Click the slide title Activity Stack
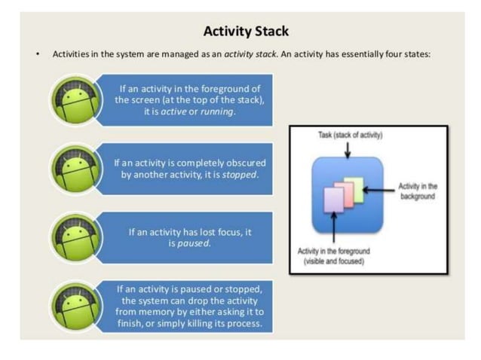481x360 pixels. [246, 32]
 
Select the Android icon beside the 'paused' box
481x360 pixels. [76, 237]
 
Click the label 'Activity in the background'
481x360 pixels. [420, 191]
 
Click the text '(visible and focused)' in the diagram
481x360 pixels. [333, 261]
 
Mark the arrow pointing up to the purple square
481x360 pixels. [332, 230]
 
